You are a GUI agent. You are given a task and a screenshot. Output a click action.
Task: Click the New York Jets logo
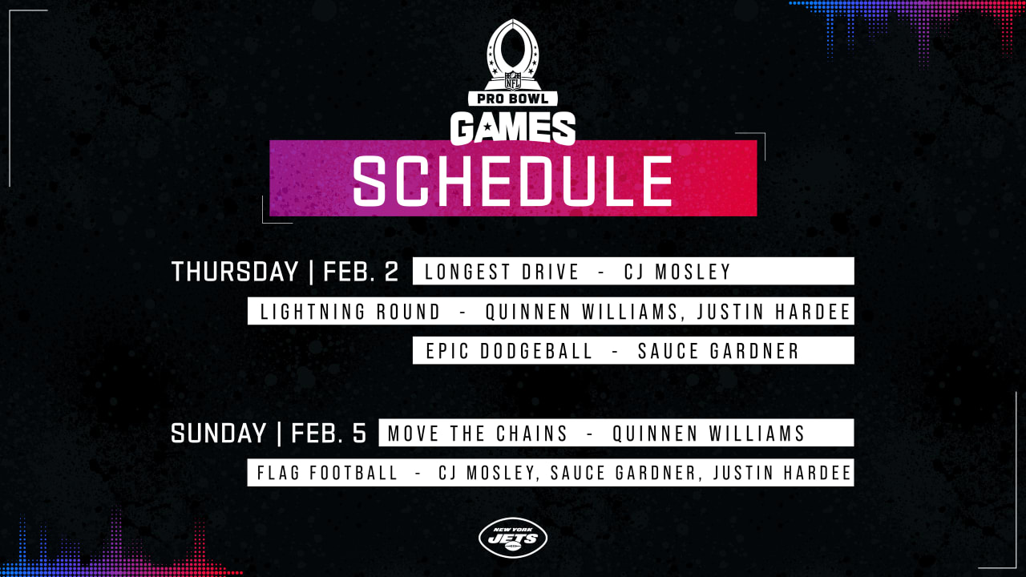coord(512,538)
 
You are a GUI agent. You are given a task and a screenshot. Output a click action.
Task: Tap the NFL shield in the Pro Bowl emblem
coord(512,81)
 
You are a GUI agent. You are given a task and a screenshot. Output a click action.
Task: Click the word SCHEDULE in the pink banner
coord(512,181)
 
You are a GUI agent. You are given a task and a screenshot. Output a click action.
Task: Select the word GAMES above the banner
coord(512,127)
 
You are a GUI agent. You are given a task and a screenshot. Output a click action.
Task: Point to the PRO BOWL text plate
coord(512,99)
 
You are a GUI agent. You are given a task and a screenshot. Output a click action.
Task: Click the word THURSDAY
coord(235,272)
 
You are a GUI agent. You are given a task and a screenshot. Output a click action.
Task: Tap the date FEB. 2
coord(361,272)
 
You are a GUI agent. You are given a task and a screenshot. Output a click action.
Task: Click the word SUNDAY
coord(219,434)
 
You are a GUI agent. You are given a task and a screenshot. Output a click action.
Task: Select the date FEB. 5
coord(329,434)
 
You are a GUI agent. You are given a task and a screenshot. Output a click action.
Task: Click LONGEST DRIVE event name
coord(502,272)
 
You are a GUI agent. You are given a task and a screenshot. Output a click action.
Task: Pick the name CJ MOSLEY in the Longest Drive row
coord(677,272)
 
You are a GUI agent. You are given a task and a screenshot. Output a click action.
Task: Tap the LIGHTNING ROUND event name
coord(350,312)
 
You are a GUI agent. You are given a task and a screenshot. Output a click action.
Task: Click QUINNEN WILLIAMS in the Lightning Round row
coord(582,312)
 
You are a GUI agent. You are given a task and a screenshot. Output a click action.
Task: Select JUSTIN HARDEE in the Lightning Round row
coord(774,312)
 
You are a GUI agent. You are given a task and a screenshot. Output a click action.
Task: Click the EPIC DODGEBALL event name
coord(509,351)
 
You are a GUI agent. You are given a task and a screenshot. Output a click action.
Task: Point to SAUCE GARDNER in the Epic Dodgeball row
coord(719,351)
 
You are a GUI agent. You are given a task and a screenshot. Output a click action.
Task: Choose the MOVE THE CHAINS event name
coord(478,434)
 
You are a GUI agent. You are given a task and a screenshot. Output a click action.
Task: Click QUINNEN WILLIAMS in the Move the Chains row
coord(709,434)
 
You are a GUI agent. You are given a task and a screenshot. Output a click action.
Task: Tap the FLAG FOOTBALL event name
coord(328,473)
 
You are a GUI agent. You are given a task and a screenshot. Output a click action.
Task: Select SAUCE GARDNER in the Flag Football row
coord(624,473)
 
